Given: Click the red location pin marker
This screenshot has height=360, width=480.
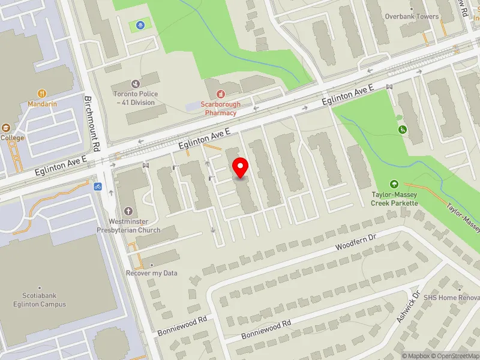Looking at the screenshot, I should (241, 168).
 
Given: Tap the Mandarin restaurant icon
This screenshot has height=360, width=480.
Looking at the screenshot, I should (42, 93).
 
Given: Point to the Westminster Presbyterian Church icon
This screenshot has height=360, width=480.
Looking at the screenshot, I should (128, 211).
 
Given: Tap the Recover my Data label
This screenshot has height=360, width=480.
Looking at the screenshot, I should (152, 273).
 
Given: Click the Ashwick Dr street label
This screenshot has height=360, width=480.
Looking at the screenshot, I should (407, 310).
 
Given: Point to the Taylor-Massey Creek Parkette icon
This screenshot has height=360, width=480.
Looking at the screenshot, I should (394, 184).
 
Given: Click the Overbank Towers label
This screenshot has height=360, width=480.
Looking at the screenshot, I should (412, 17).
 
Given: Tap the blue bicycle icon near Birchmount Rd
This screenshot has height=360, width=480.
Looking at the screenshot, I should (97, 187).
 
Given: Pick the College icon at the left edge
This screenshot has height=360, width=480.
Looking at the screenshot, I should (5, 128).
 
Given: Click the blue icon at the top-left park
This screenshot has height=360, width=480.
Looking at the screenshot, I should (140, 25).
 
